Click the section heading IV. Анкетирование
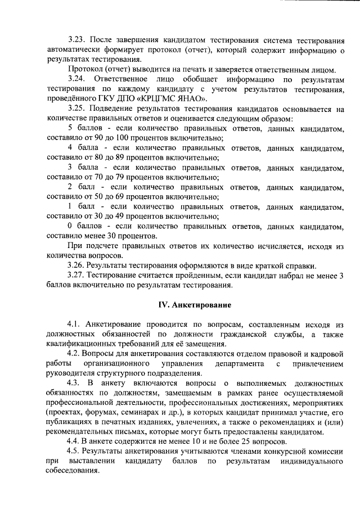tap(195, 304)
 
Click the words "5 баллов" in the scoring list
tap(83, 129)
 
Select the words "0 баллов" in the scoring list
tap(83, 226)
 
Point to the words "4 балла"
tap(82, 148)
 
